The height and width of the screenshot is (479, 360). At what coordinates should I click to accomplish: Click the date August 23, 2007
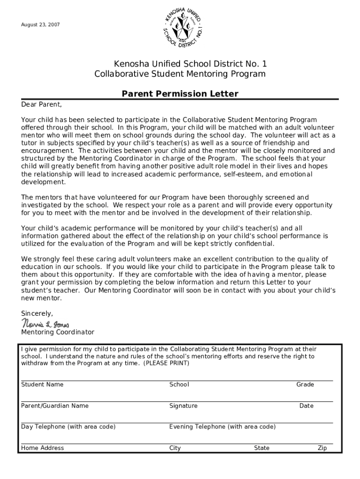[41, 24]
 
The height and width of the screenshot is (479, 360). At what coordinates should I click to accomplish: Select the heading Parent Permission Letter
[180, 94]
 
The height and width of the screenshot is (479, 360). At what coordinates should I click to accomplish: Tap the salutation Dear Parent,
[42, 104]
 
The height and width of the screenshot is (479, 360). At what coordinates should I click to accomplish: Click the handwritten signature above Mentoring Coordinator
[45, 323]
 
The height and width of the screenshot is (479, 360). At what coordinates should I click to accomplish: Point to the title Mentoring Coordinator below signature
[58, 332]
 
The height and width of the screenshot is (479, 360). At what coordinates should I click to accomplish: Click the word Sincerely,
[37, 313]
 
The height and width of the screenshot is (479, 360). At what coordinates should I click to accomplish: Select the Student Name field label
[42, 385]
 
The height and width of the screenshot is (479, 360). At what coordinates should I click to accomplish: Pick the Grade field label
[305, 385]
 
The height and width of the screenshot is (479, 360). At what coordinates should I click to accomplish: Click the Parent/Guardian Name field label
[55, 406]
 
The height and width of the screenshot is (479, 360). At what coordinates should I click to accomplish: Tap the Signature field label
[183, 406]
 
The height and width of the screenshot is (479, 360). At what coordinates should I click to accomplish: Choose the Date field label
[306, 406]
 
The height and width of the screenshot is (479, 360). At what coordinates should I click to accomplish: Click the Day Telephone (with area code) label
[68, 427]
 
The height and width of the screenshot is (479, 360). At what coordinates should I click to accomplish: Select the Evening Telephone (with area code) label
[222, 427]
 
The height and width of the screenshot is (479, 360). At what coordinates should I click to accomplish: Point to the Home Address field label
[43, 448]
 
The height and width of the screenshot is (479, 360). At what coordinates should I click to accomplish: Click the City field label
[175, 448]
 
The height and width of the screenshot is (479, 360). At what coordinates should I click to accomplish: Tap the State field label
[261, 448]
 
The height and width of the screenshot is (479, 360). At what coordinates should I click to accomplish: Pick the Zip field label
[322, 448]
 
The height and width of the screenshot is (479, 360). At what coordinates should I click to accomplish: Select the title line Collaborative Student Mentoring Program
[180, 74]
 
